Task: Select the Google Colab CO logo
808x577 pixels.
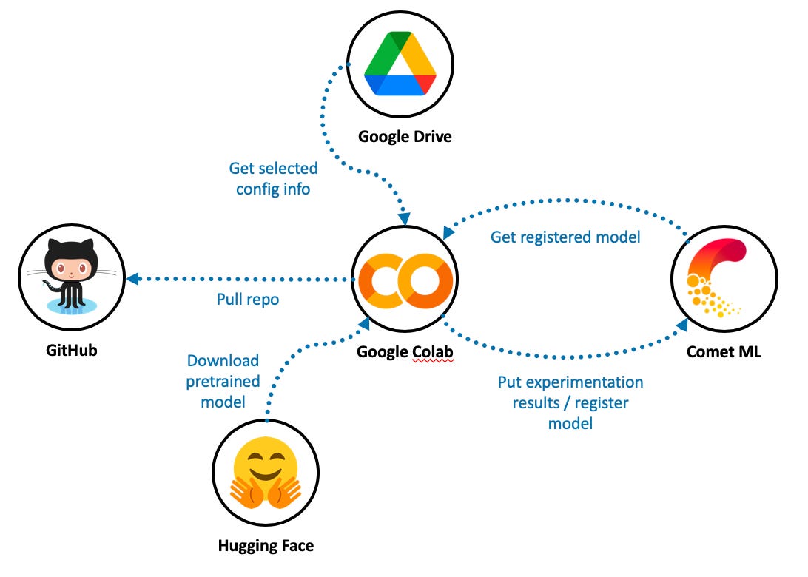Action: (404, 280)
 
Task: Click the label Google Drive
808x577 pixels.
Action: (404, 137)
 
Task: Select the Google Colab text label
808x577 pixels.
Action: (404, 352)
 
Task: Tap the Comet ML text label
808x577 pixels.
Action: (724, 352)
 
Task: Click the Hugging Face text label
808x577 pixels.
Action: (266, 547)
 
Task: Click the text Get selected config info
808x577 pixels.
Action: (273, 179)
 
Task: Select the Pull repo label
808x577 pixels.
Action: (248, 300)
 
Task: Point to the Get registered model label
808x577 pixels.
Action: (565, 237)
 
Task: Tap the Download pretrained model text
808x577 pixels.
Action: (223, 382)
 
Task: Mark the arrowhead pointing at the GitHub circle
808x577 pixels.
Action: (133, 279)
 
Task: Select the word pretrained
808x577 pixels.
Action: (223, 382)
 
